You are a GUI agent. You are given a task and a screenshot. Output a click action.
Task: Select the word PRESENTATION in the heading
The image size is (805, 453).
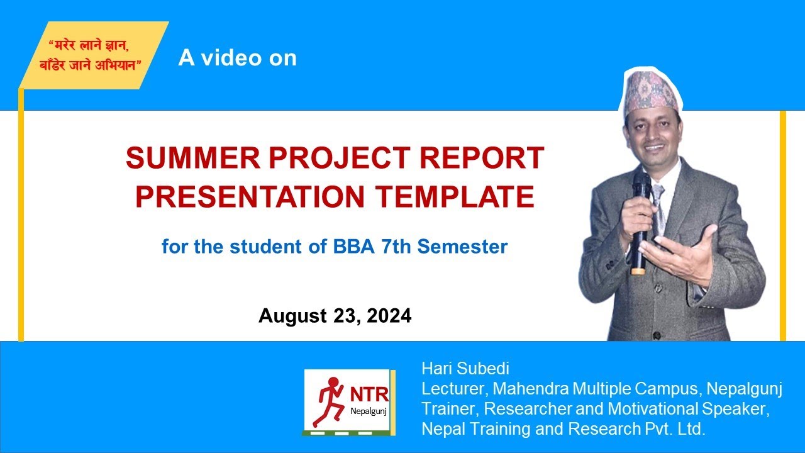[250, 197]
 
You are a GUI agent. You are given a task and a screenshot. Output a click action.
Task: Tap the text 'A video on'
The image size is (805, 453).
[237, 58]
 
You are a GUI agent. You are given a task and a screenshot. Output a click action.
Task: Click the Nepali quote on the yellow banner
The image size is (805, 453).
[95, 55]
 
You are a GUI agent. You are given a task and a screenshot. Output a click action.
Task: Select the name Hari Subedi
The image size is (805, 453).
[465, 369]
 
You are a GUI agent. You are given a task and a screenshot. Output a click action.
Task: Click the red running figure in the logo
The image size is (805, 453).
[330, 402]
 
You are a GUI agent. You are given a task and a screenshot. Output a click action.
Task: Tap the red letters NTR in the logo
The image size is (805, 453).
[369, 394]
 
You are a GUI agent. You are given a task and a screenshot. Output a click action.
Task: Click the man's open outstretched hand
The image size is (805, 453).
[689, 249]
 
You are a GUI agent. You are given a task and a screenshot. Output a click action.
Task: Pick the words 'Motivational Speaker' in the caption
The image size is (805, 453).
[688, 409]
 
